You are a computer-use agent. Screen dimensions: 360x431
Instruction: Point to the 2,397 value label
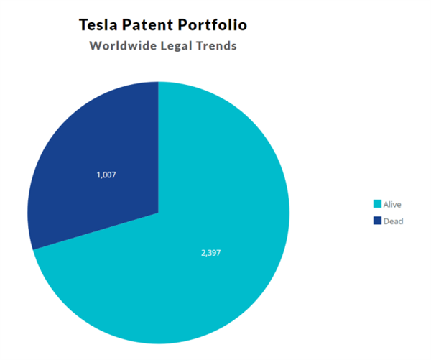(210, 254)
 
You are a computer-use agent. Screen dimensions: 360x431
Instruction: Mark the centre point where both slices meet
(159, 213)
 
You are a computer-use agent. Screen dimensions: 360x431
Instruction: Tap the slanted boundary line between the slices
(96, 231)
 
